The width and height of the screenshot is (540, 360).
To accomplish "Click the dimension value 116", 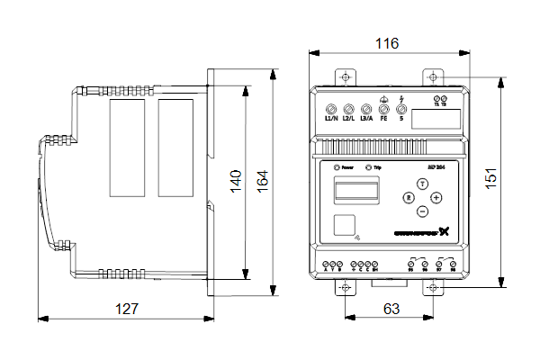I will click(x=387, y=43).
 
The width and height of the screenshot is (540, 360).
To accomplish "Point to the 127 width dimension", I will click(x=127, y=309).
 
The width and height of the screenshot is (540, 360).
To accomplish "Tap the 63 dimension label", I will click(x=391, y=309).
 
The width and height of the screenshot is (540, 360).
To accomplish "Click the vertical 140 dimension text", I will click(x=236, y=181).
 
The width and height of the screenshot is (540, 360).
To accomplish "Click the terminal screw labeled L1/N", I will click(x=330, y=105).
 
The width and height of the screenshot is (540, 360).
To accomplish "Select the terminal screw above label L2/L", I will click(x=348, y=105).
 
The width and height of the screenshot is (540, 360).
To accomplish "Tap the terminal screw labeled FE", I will click(x=383, y=105).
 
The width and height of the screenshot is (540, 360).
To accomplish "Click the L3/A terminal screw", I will click(x=365, y=105).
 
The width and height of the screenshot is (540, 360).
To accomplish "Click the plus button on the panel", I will click(x=436, y=197).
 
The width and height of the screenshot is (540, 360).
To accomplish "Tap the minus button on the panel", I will click(x=421, y=211).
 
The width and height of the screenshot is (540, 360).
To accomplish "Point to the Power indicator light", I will click(x=337, y=167).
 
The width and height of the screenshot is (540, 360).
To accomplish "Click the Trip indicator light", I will click(x=368, y=167).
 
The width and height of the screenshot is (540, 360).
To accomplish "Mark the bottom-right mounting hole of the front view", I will click(x=434, y=287).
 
